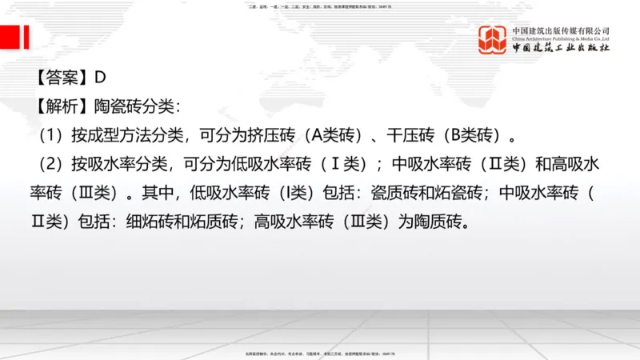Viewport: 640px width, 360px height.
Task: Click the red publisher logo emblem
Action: tap(493, 40)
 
